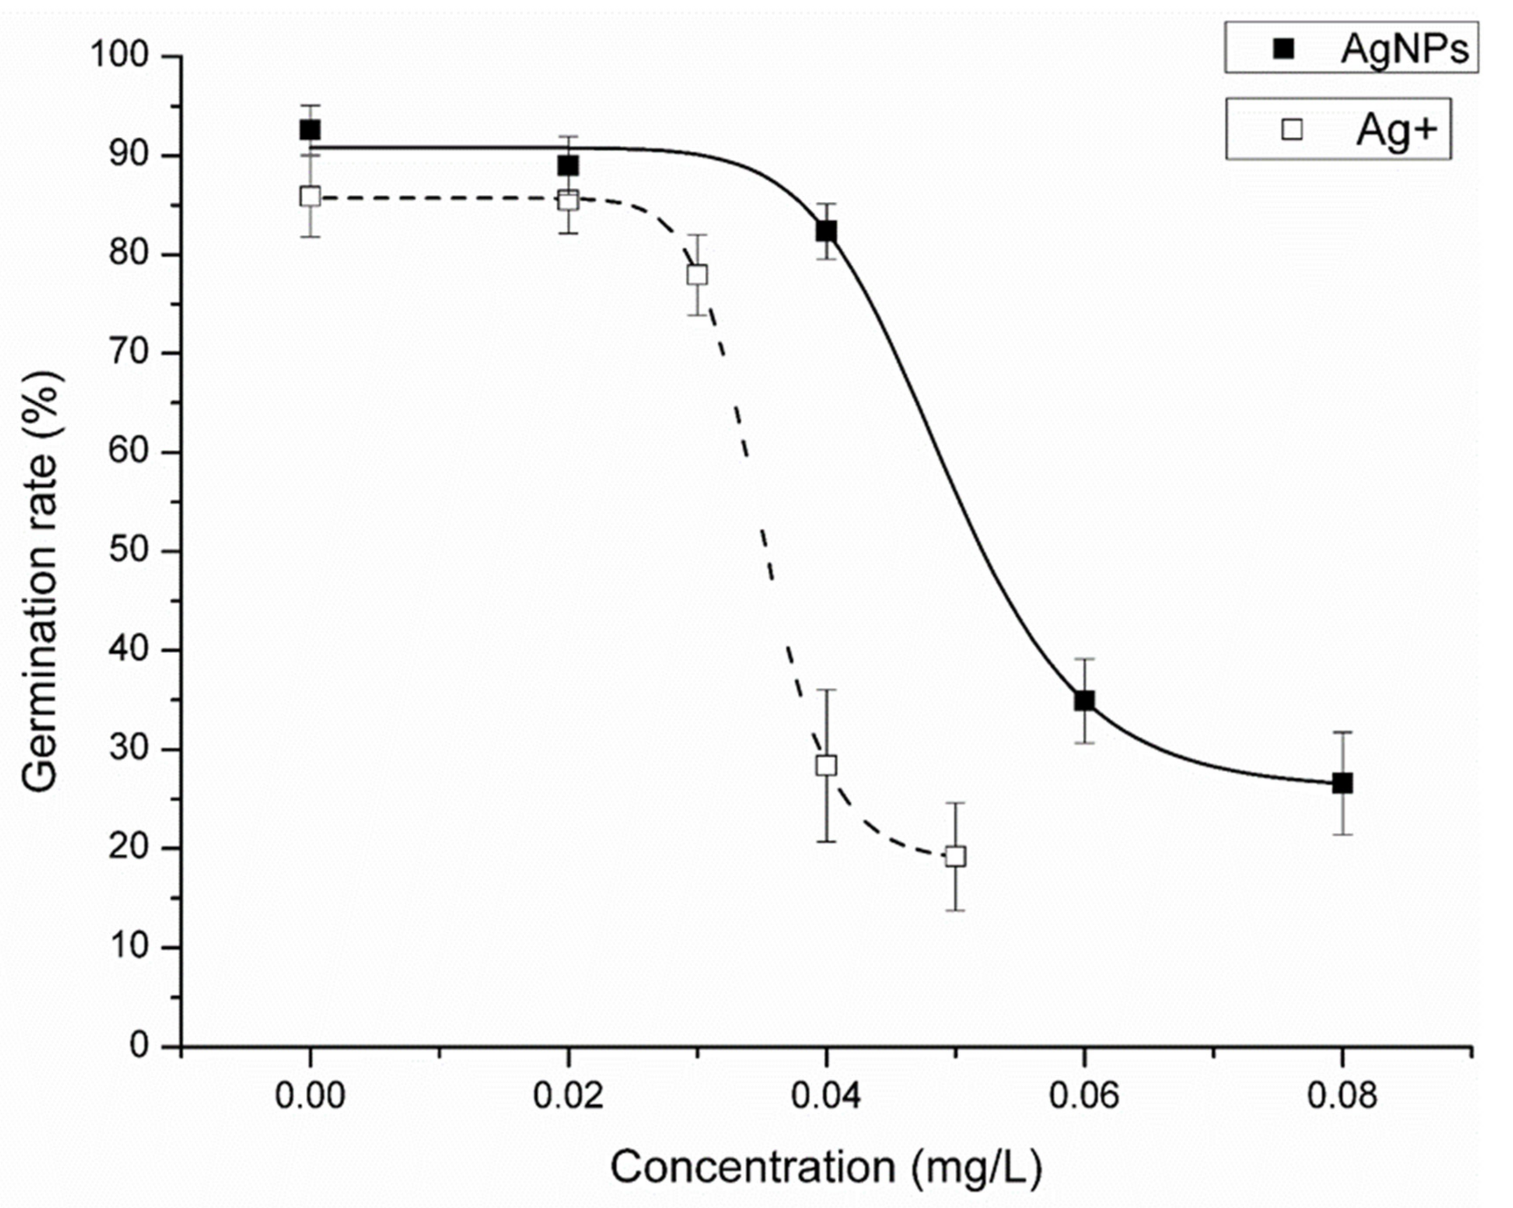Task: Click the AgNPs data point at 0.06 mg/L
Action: pos(1084,700)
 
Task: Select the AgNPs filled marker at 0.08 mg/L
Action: pos(1342,783)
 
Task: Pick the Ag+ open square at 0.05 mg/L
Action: pos(955,856)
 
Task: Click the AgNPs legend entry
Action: pos(1351,48)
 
